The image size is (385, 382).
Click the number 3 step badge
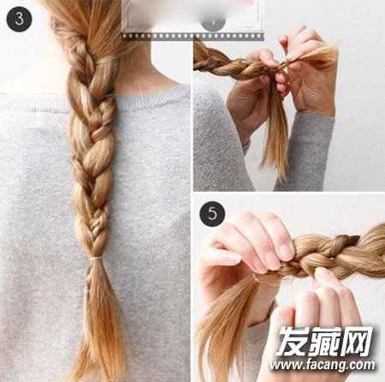pyautogui.click(x=19, y=19)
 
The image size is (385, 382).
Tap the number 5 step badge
pyautogui.click(x=212, y=213)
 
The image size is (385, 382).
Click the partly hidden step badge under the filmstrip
pyautogui.click(x=213, y=24)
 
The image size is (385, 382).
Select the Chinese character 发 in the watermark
pyautogui.click(x=293, y=341)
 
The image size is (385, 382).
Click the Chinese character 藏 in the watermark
pyautogui.click(x=325, y=341)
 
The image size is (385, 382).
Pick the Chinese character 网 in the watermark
pyautogui.click(x=357, y=341)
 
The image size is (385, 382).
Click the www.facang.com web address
pyautogui.click(x=323, y=365)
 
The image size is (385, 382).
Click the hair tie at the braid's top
pyautogui.click(x=107, y=60)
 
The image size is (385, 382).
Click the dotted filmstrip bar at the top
pyautogui.click(x=192, y=36)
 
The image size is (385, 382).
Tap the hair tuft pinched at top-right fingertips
pyautogui.click(x=317, y=52)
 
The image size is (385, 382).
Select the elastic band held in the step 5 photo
pyautogui.click(x=258, y=279)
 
